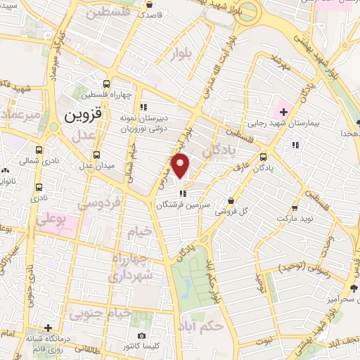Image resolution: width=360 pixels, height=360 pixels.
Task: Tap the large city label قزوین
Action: (83, 115)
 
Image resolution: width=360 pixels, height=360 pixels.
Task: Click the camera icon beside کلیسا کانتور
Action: (141, 336)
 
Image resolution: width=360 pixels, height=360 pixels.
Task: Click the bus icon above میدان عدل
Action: (97, 155)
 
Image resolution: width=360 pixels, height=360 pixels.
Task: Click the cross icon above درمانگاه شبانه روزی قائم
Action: (48, 328)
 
